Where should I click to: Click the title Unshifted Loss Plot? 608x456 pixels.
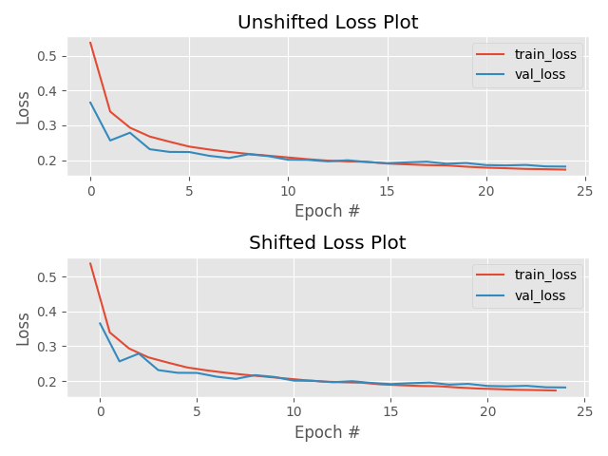point(327,23)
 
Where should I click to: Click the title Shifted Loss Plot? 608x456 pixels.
point(327,243)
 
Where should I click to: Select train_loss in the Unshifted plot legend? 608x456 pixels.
point(545,55)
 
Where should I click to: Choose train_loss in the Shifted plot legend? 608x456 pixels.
point(545,275)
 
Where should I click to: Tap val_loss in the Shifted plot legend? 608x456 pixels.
point(540,296)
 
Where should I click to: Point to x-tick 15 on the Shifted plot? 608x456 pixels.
point(390,411)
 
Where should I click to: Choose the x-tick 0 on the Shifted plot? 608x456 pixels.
point(100,411)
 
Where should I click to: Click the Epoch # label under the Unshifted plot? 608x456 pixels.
point(327,212)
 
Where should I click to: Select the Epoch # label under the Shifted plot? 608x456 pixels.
point(327,432)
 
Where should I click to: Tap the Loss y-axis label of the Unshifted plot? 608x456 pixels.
point(24,107)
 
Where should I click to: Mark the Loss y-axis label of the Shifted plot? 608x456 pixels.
point(24,328)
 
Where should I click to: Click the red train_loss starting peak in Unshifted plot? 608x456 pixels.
point(90,42)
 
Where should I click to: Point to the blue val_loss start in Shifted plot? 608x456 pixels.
point(100,323)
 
